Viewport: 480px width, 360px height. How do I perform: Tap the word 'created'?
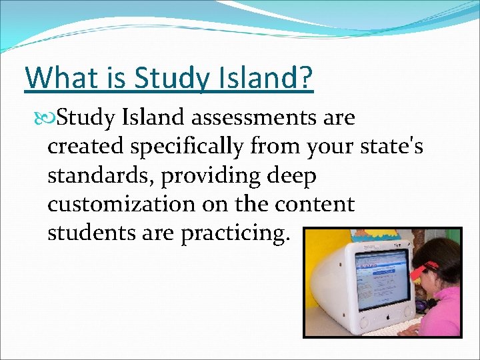(85, 147)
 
